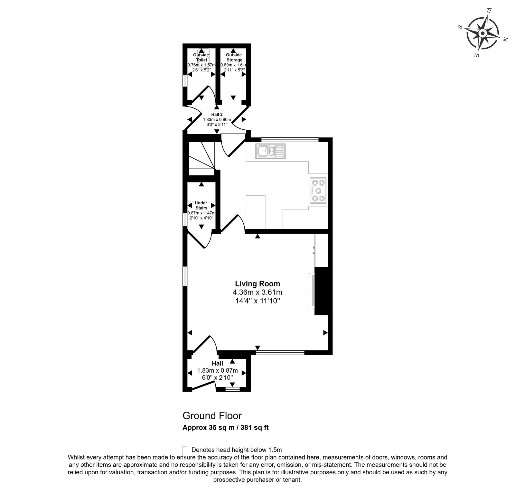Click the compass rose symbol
482,33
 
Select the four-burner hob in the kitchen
318,190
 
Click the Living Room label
257,284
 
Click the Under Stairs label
201,205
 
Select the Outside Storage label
234,57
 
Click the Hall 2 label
217,114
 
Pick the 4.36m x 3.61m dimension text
257,293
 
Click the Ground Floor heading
212,416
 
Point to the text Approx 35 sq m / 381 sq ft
226,428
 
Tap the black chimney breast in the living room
321,291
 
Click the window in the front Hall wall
233,389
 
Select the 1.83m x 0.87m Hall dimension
217,370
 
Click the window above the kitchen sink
290,140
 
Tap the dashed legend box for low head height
185,451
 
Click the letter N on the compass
505,39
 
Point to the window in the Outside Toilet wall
185,81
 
